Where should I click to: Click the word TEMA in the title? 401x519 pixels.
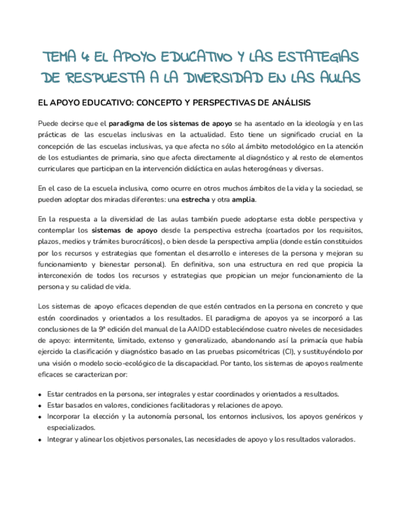click(60, 57)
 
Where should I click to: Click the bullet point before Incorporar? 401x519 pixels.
click(40, 417)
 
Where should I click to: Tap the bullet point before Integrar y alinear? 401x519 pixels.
click(40, 439)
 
